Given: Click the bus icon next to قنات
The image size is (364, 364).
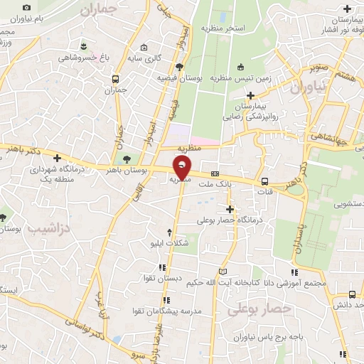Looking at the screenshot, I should pyautogui.click(x=264, y=181).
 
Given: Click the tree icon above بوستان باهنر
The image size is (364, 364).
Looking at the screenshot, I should pyautogui.click(x=127, y=159).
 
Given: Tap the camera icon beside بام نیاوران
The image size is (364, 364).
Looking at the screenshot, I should pyautogui.click(x=27, y=8).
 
